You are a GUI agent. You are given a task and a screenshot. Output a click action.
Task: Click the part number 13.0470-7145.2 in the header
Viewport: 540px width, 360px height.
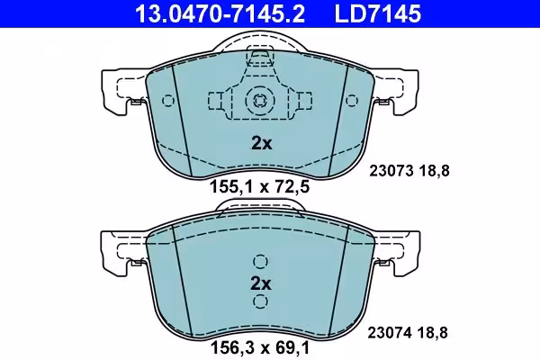220,13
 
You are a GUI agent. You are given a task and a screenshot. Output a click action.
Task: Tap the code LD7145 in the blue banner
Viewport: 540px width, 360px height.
378,13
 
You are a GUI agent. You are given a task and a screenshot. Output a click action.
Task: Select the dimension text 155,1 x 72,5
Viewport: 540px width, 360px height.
260,187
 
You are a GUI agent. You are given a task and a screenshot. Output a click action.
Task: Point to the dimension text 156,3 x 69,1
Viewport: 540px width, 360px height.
260,347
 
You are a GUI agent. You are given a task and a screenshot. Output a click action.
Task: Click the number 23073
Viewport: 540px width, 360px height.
391,171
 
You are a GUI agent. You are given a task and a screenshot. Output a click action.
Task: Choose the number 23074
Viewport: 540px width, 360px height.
390,333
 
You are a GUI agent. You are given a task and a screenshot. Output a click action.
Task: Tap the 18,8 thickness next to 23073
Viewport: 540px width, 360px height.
435,171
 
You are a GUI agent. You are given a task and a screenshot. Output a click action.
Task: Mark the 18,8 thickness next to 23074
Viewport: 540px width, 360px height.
433,333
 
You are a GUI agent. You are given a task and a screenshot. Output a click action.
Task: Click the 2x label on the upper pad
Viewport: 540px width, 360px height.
261,142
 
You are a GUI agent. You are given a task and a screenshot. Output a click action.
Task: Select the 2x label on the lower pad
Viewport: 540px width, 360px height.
261,283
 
